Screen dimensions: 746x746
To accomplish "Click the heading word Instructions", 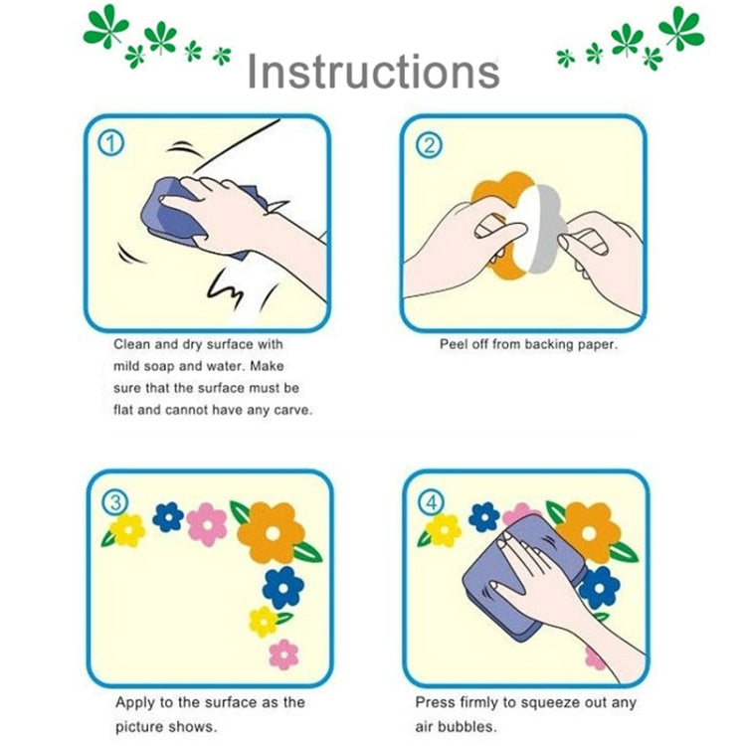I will coord(373,72).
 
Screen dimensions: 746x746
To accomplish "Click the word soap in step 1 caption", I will coord(155,366).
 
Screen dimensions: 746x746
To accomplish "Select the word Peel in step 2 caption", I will coord(455,345).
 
